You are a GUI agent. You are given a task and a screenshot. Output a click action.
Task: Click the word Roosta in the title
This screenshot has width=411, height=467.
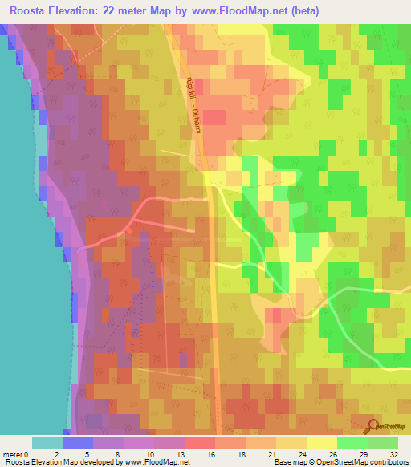point(27,10)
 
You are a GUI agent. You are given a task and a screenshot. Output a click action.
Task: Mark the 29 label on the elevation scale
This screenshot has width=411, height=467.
point(368,453)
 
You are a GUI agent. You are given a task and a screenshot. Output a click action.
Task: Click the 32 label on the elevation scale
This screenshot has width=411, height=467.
point(393,453)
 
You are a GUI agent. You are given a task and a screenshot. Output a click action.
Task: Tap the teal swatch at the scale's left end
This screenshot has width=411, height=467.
point(47,442)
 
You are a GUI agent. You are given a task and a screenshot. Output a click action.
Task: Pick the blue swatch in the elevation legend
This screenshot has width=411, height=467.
point(78,442)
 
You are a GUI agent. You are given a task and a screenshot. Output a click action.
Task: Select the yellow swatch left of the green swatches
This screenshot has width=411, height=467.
point(322,442)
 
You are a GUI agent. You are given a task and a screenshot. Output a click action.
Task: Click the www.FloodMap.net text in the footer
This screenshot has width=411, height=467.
point(158,462)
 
